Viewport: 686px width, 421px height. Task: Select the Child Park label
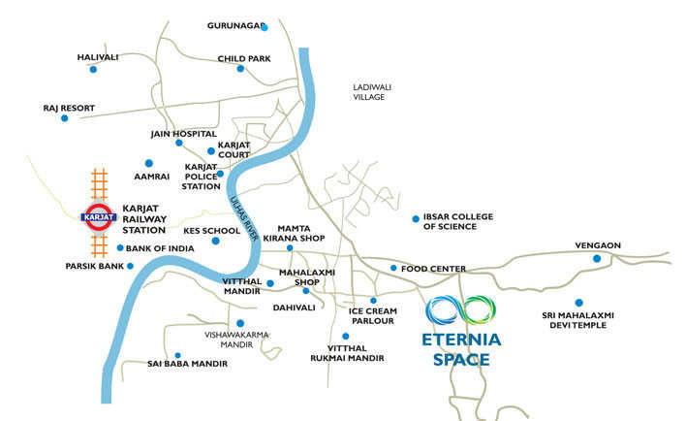click(244, 58)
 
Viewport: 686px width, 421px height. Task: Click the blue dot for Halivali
click(93, 70)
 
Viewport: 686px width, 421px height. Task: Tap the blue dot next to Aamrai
click(149, 162)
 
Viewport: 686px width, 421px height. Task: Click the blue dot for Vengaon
click(597, 259)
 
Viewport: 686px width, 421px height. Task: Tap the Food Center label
click(434, 269)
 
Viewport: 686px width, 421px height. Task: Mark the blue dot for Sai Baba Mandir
click(177, 355)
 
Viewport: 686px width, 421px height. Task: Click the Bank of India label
click(161, 249)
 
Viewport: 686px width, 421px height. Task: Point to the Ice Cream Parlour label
click(367, 317)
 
